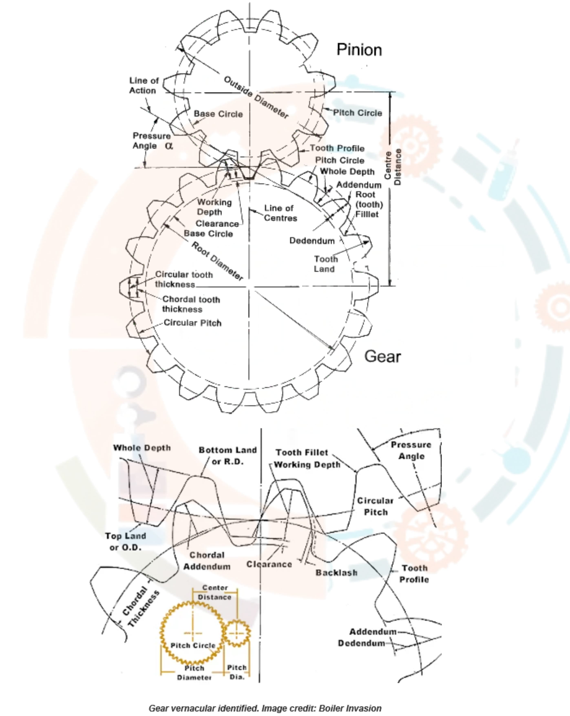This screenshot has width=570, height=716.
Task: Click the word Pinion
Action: coord(359,50)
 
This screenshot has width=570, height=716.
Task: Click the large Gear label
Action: coord(382,356)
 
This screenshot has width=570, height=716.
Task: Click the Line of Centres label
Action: coord(280,213)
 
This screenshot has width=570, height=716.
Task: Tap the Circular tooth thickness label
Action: coord(184,279)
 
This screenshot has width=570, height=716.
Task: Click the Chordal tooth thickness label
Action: coord(191,304)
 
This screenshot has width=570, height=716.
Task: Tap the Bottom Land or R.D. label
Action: coord(228,456)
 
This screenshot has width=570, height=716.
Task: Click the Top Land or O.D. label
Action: coord(126,542)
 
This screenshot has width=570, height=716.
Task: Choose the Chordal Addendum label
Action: coord(207,561)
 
